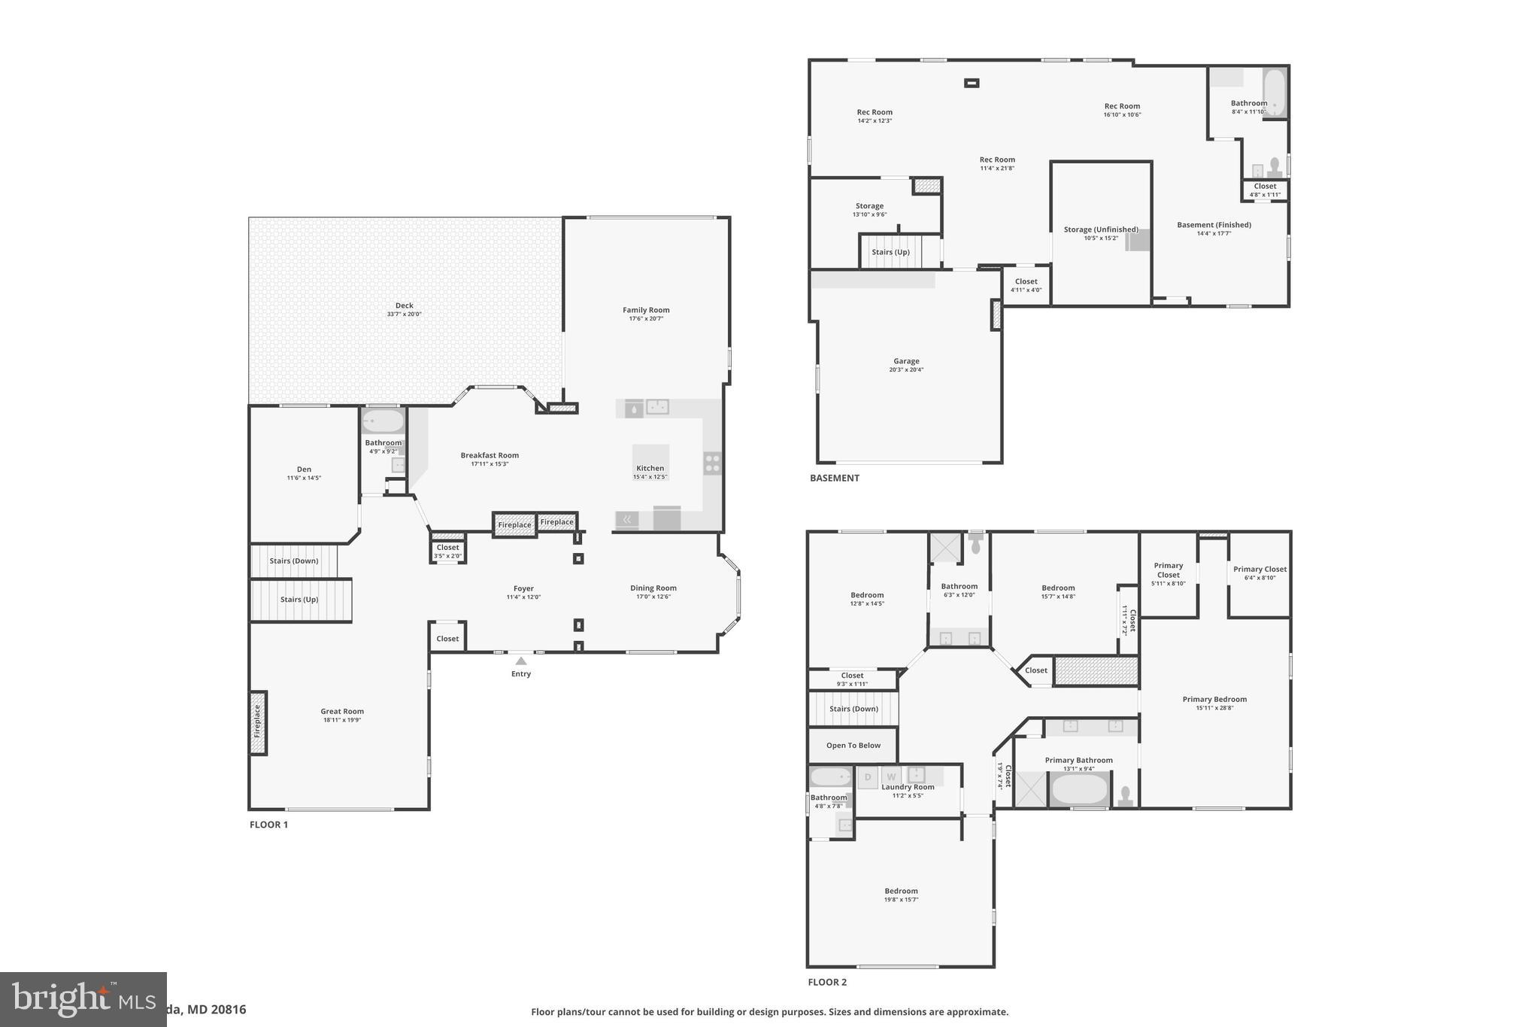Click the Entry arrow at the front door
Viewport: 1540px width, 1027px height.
pyautogui.click(x=521, y=661)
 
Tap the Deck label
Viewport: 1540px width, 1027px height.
pyautogui.click(x=405, y=305)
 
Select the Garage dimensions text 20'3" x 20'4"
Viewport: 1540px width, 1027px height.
pyautogui.click(x=906, y=370)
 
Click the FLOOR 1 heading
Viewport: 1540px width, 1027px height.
pyautogui.click(x=268, y=825)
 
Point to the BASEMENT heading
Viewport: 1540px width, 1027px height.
pyautogui.click(x=834, y=478)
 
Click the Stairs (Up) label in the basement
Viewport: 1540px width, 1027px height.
pyautogui.click(x=890, y=252)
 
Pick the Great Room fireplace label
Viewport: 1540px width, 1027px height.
pyautogui.click(x=257, y=721)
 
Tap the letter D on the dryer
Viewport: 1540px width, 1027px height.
pyautogui.click(x=868, y=777)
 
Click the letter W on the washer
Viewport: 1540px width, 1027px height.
pyautogui.click(x=891, y=777)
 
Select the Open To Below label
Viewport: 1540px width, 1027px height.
pyautogui.click(x=853, y=746)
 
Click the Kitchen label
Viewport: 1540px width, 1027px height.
pyautogui.click(x=650, y=468)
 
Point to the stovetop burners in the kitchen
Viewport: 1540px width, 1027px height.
pyautogui.click(x=712, y=463)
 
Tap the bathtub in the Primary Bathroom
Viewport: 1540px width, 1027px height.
pyautogui.click(x=1079, y=789)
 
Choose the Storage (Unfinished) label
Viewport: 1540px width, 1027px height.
pyautogui.click(x=1101, y=229)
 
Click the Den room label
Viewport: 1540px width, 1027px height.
pyautogui.click(x=304, y=469)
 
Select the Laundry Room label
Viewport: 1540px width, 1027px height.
pyautogui.click(x=908, y=787)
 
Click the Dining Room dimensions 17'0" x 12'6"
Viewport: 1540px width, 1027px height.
pyautogui.click(x=653, y=597)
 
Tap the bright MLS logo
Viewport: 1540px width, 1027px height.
pyautogui.click(x=83, y=999)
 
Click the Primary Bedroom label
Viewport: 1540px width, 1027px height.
pyautogui.click(x=1214, y=699)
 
